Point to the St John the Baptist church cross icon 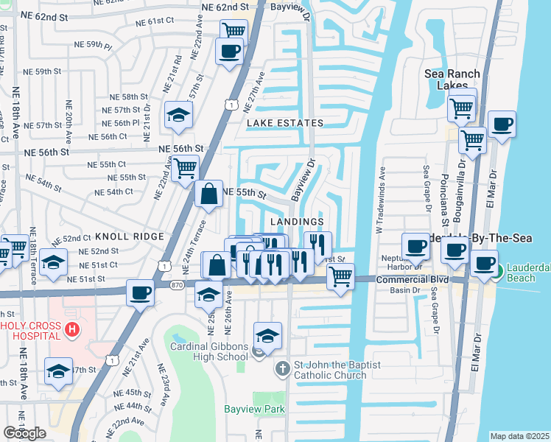coord(281,368)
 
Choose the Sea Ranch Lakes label coord(452,80)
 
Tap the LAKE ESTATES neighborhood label coord(285,123)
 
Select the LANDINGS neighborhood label coord(297,222)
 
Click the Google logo coord(24,433)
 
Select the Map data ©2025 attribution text coord(519,436)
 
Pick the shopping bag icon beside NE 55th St coord(209,194)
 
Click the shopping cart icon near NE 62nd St coord(234,31)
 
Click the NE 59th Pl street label coord(93,46)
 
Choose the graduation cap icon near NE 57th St coord(178,114)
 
